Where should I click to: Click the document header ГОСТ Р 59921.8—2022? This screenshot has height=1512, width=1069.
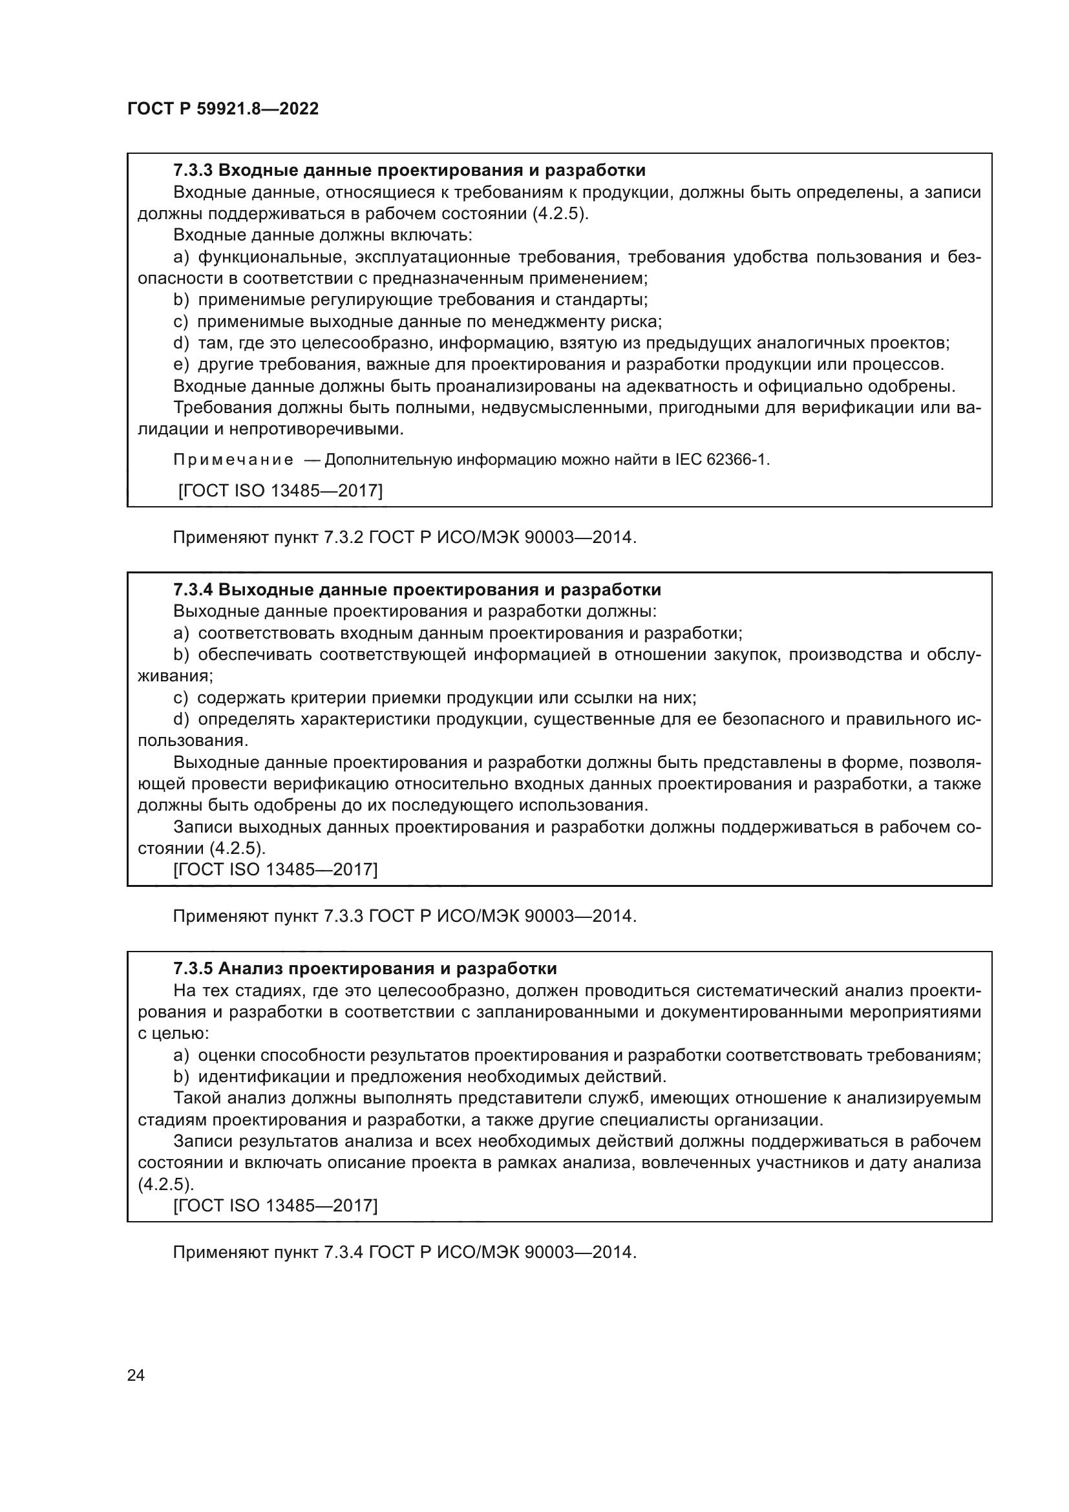coord(223,109)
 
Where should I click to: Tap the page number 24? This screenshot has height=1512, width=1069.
coord(136,1375)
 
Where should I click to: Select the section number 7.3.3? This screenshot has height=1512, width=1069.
coord(193,171)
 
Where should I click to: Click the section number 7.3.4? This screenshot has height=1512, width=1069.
coord(193,590)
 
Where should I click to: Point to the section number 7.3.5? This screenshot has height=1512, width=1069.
coord(193,969)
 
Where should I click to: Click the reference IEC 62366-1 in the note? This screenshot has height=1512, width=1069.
coord(722,460)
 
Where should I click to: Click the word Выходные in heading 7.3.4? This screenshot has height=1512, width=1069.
coord(259,590)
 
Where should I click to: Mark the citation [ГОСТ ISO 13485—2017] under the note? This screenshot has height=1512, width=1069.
coord(280,491)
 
